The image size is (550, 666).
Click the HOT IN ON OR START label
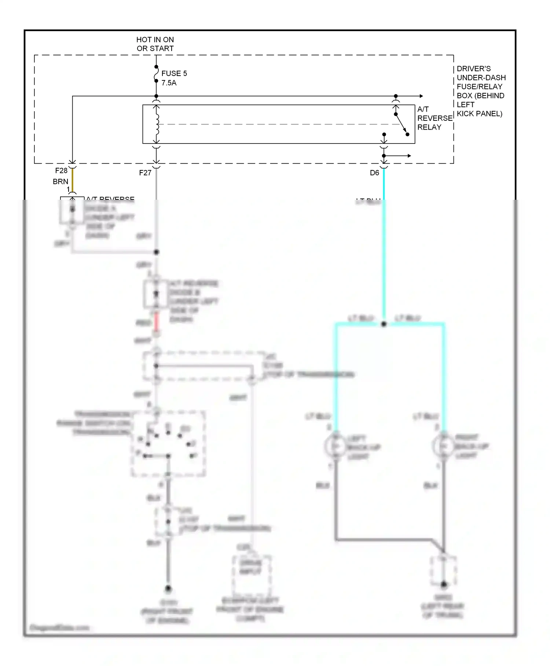[155, 44]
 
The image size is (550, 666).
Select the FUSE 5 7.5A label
[174, 78]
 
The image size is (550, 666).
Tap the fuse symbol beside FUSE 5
[156, 74]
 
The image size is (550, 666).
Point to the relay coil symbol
[157, 124]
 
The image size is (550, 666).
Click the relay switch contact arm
[401, 124]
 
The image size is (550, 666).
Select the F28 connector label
[61, 170]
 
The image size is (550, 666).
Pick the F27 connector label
[145, 173]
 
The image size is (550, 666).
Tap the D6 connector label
[374, 173]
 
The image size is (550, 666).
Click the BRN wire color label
[60, 181]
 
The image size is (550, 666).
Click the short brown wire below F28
[73, 180]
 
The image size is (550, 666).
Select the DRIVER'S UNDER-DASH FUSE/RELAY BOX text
[481, 91]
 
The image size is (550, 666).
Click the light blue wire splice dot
[384, 324]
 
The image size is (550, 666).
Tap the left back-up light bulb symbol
[334, 446]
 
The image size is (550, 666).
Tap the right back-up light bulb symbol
[443, 446]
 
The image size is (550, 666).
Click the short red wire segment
[157, 321]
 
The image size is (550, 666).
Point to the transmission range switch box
[168, 444]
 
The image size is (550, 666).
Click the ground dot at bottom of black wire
[168, 589]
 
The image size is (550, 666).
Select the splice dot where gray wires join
[156, 252]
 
